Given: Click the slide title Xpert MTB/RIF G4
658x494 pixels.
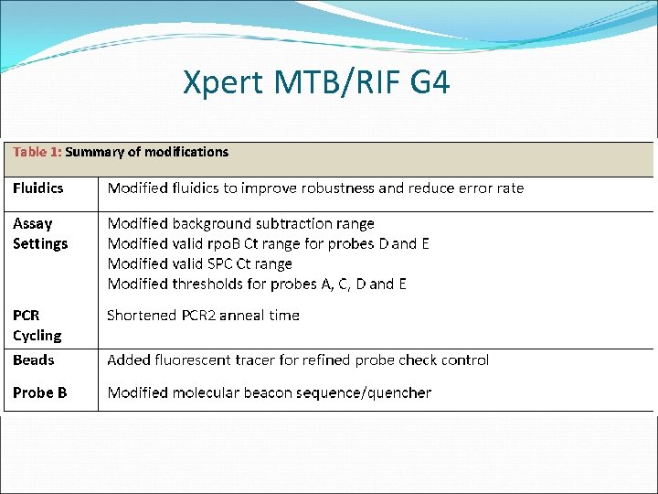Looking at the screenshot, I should pyautogui.click(x=316, y=83).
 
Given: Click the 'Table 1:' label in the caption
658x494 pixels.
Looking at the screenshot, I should pyautogui.click(x=37, y=152).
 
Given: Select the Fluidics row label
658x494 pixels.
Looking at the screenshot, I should pyautogui.click(x=38, y=188).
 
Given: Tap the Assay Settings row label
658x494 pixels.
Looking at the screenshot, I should pyautogui.click(x=40, y=233).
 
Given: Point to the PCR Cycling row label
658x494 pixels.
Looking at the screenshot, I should pyautogui.click(x=37, y=325).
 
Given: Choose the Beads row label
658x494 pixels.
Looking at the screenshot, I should pyautogui.click(x=34, y=360).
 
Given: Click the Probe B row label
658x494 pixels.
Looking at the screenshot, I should pyautogui.click(x=39, y=392).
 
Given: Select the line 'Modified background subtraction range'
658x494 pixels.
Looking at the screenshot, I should pyautogui.click(x=240, y=223).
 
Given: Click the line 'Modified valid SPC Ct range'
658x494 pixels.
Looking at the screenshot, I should pyautogui.click(x=199, y=263).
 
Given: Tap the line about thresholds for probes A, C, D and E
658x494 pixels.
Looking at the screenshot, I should pyautogui.click(x=257, y=284).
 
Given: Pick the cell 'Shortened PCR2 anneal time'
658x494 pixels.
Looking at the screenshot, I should pyautogui.click(x=203, y=315).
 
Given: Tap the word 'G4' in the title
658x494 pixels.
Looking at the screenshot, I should pyautogui.click(x=430, y=83).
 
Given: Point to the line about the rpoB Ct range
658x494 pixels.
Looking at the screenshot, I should pyautogui.click(x=268, y=243).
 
